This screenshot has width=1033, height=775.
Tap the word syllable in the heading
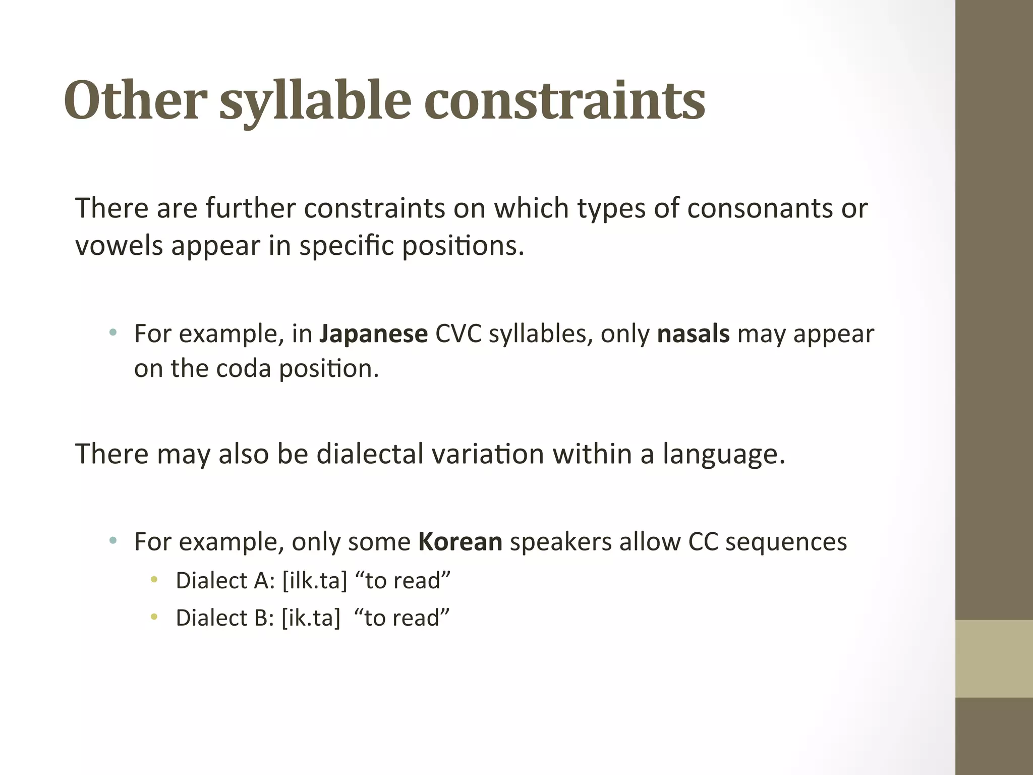315,103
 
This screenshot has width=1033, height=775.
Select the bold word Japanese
373,334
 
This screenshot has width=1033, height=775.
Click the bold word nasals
693,334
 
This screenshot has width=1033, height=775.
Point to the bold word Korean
460,542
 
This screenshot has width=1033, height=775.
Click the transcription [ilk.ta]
315,581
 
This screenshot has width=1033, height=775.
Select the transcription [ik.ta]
311,618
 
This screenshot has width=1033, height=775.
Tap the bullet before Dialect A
154,580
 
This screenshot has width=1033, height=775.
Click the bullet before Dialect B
154,617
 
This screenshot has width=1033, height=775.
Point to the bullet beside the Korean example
113,541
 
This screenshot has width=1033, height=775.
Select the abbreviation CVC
458,334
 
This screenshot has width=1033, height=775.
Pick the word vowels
119,246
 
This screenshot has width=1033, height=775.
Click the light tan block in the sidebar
994,658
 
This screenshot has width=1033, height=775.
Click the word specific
347,247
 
